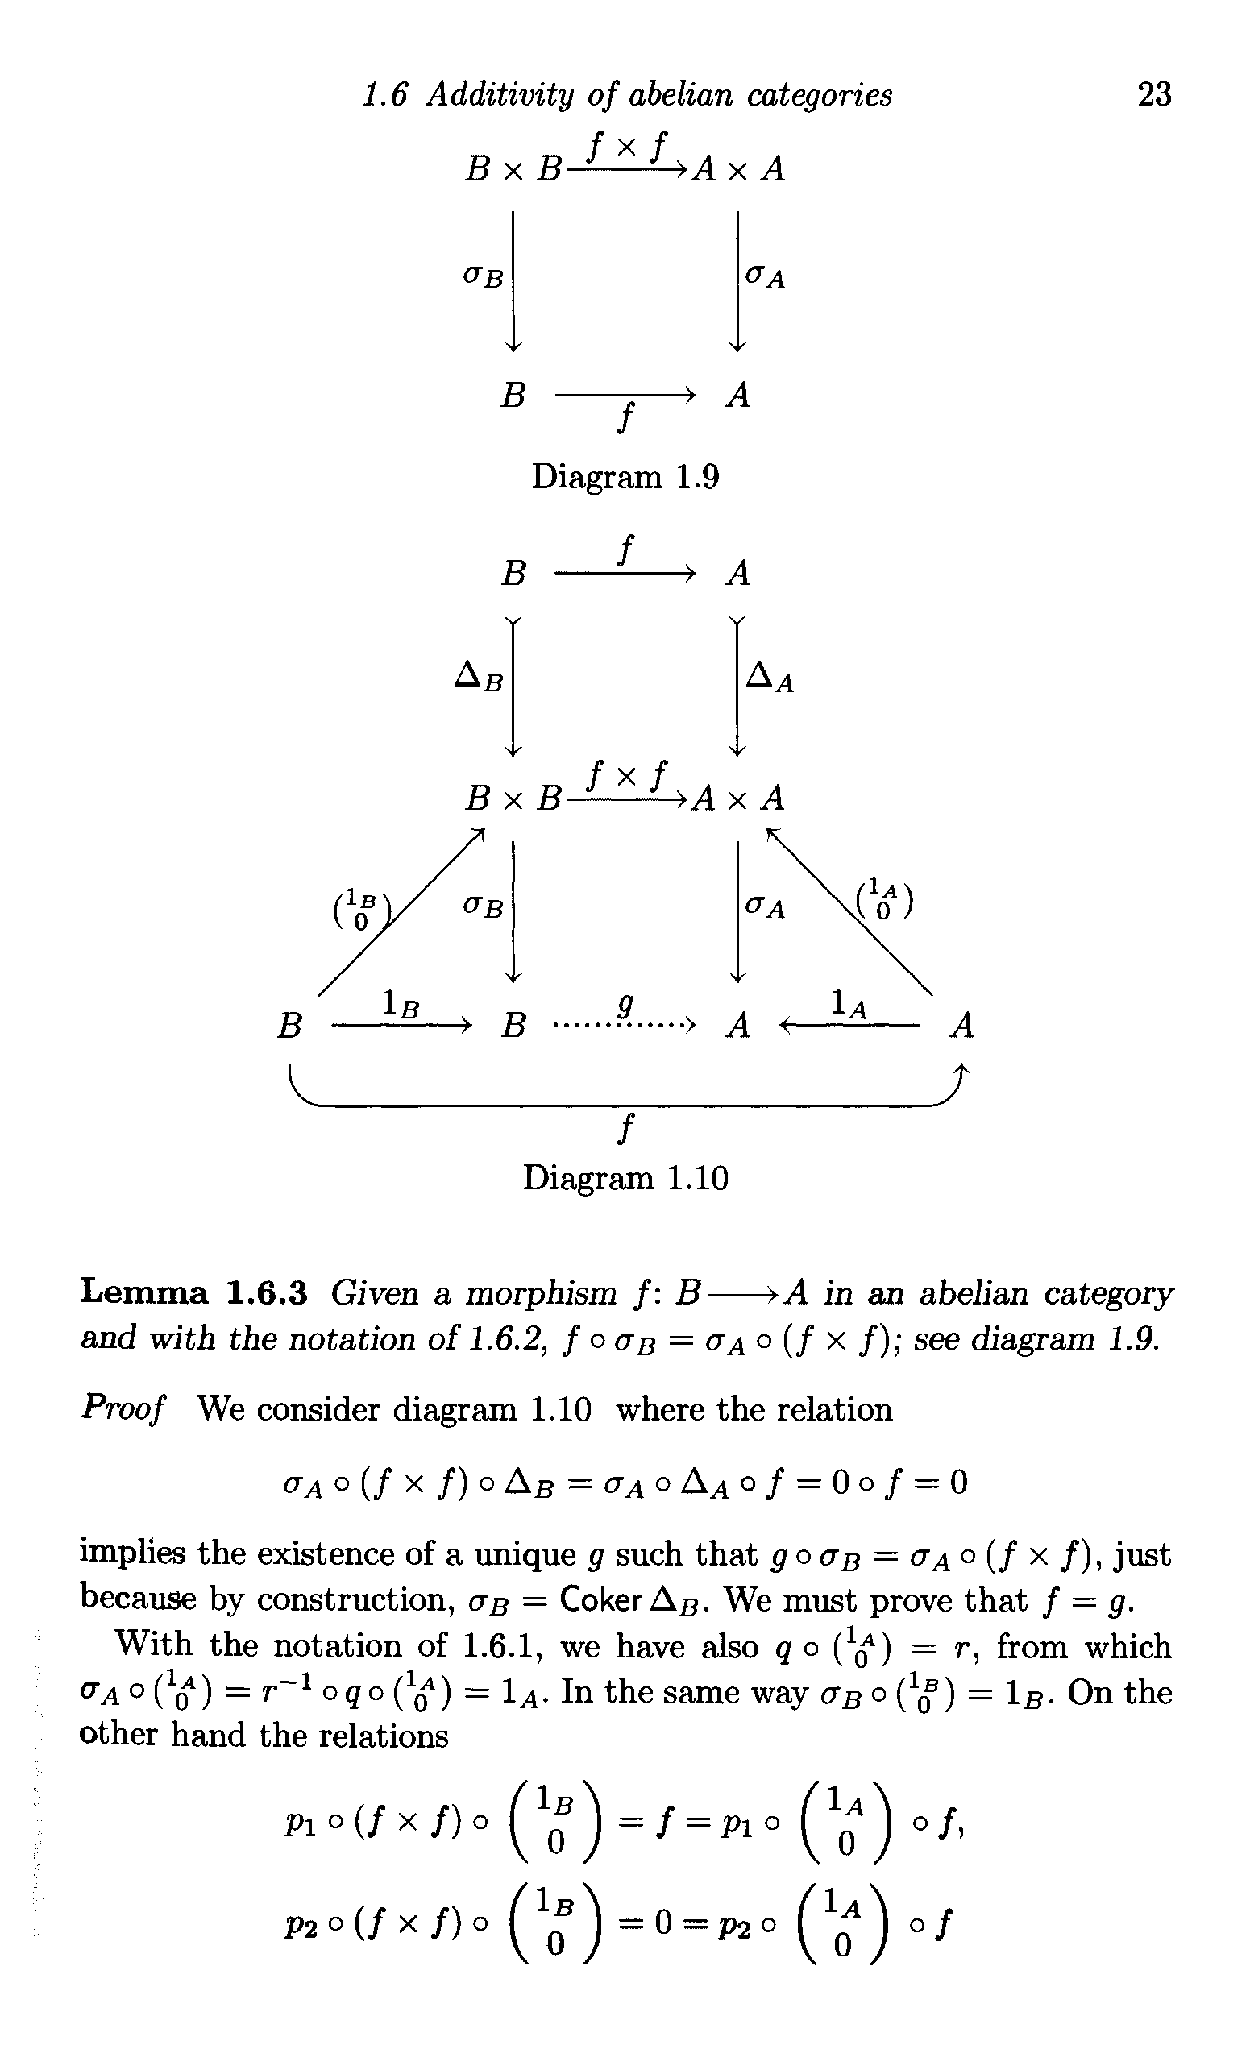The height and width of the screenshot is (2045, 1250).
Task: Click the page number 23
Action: tap(1154, 94)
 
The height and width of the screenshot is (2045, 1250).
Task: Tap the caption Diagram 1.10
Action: tap(625, 1178)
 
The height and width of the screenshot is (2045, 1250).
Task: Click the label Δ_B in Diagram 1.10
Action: tap(479, 679)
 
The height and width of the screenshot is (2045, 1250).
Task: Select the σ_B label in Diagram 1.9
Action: tap(483, 276)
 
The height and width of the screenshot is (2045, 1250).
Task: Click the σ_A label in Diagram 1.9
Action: tap(765, 276)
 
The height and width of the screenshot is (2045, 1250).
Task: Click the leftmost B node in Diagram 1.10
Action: tap(288, 1027)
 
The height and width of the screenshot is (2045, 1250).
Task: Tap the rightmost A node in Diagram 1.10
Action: tap(962, 1027)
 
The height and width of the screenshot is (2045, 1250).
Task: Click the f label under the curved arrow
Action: tap(627, 1130)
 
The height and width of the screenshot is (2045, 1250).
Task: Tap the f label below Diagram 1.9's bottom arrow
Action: tap(627, 417)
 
